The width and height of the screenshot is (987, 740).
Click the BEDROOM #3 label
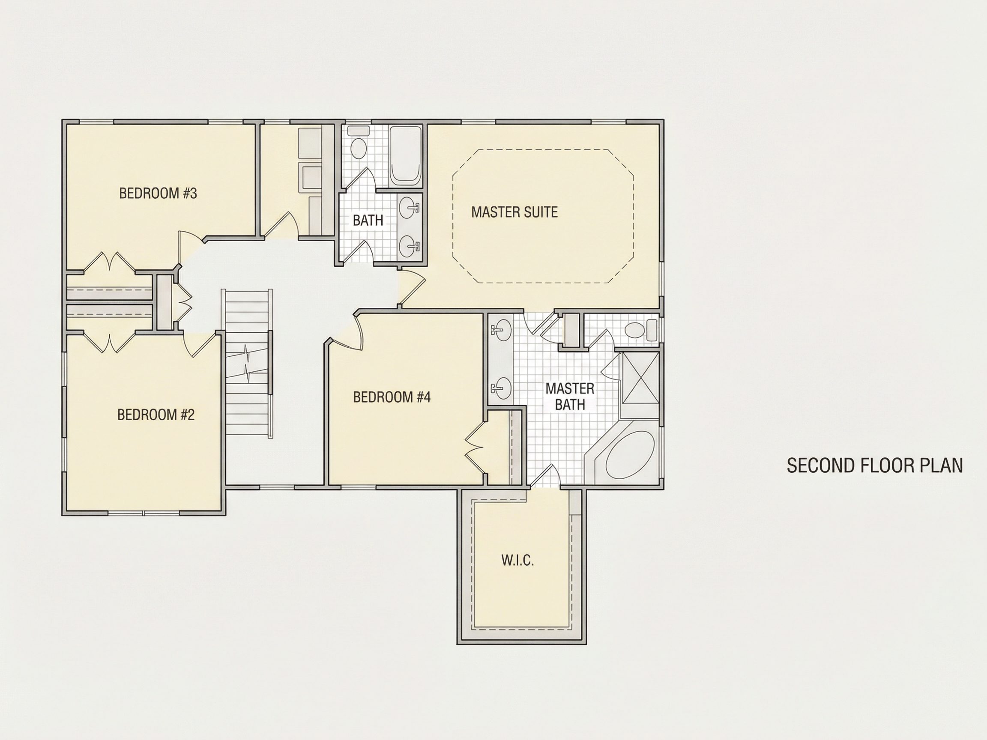click(158, 193)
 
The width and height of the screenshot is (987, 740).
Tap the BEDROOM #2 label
click(156, 415)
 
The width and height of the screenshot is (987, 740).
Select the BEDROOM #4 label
click(392, 397)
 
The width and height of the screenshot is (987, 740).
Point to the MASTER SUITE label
click(514, 212)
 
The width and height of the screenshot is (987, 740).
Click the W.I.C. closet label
click(517, 560)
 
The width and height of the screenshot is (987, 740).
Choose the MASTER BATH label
click(570, 397)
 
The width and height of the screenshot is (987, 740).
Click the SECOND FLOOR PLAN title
click(875, 465)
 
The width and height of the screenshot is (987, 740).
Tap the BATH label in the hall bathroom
click(368, 221)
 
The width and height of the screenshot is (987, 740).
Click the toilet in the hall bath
click(358, 143)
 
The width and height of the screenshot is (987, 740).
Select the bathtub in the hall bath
click(405, 156)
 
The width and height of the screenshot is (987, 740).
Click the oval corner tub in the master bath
click(630, 455)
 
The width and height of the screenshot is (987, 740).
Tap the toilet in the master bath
click(641, 331)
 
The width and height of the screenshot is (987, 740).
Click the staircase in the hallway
click(248, 364)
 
